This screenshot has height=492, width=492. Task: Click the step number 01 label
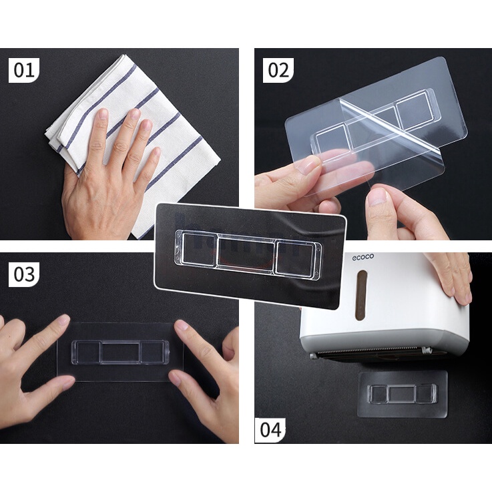click(24, 70)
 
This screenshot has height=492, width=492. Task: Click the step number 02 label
click(278, 70)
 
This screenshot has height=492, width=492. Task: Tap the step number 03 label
click(24, 274)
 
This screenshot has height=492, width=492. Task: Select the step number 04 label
click(270, 430)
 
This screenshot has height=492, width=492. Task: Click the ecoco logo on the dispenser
click(362, 257)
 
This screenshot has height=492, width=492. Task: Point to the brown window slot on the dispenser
click(361, 295)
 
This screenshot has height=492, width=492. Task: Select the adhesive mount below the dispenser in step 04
click(403, 395)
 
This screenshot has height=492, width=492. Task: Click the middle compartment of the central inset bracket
click(246, 253)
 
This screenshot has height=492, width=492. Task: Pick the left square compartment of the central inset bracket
click(198, 248)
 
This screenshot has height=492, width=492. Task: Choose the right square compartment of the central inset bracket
click(294, 258)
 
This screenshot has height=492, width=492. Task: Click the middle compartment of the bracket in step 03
click(120, 352)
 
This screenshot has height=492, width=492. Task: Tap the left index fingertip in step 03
click(63, 320)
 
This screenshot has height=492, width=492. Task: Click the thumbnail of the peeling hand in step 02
click(379, 197)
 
